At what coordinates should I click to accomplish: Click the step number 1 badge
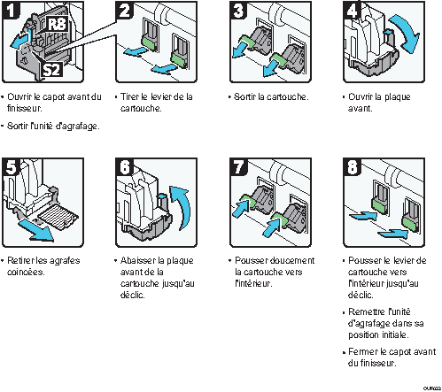pyautogui.click(x=11, y=10)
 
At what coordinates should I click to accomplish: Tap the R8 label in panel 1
pyautogui.click(x=57, y=24)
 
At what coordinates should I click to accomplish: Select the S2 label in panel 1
pyautogui.click(x=51, y=70)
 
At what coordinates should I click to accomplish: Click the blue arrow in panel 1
pyautogui.click(x=20, y=41)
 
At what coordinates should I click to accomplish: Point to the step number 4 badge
pyautogui.click(x=353, y=10)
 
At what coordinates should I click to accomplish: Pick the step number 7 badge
pyautogui.click(x=238, y=166)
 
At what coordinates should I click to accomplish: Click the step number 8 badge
pyautogui.click(x=353, y=166)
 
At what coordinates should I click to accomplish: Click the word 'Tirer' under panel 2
pyautogui.click(x=129, y=96)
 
